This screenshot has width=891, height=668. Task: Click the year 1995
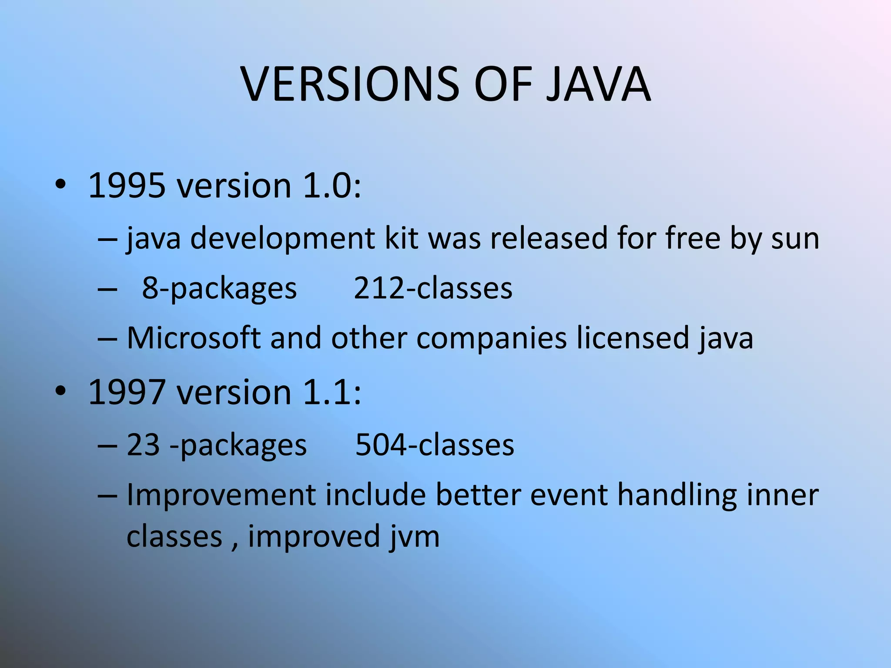coord(127,186)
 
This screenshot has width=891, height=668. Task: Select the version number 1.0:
coord(332,186)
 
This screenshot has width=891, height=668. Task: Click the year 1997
coord(127,392)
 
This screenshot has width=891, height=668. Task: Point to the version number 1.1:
coord(332,392)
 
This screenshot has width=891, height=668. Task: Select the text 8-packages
coord(219,288)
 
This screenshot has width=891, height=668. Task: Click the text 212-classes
coord(433,288)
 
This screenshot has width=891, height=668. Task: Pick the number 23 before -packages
coord(143,445)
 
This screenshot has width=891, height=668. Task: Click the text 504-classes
coord(435,445)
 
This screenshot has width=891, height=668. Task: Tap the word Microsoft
coord(194,338)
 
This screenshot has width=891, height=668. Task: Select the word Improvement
coord(221,496)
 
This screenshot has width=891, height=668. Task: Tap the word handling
coord(677,496)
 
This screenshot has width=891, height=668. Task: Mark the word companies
coord(492,339)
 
